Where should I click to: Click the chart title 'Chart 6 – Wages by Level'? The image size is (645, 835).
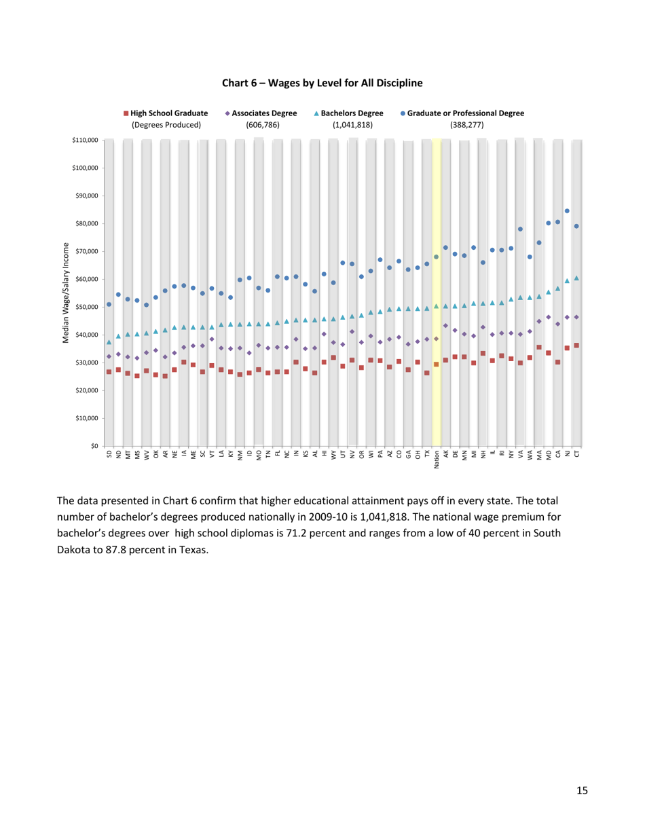[322, 83]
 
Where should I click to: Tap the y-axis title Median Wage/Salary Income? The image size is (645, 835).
[67, 292]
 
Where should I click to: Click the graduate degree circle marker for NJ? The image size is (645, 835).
[567, 211]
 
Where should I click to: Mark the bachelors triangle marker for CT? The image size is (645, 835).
[576, 278]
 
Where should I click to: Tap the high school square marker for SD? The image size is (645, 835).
[109, 372]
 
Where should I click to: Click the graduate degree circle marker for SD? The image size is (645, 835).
[109, 304]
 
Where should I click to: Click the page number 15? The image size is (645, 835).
[582, 790]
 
